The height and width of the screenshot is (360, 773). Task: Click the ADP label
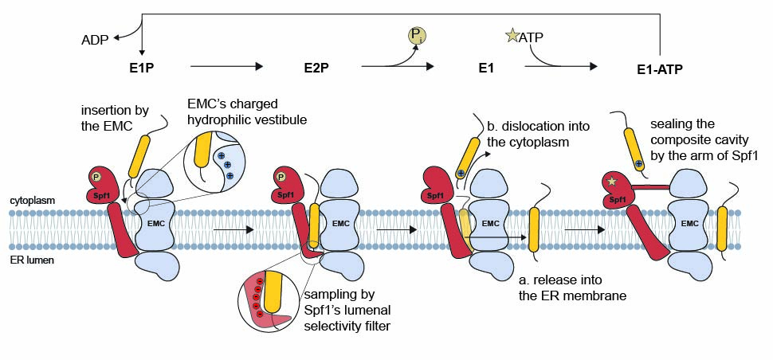tap(96, 39)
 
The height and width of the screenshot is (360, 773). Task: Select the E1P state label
tap(140, 68)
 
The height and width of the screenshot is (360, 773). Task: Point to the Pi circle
tap(417, 36)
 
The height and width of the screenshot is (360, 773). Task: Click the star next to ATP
tap(510, 36)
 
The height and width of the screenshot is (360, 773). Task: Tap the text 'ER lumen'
tap(30, 260)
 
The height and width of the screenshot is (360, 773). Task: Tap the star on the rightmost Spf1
tap(611, 182)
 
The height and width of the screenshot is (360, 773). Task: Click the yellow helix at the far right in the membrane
tap(722, 229)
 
